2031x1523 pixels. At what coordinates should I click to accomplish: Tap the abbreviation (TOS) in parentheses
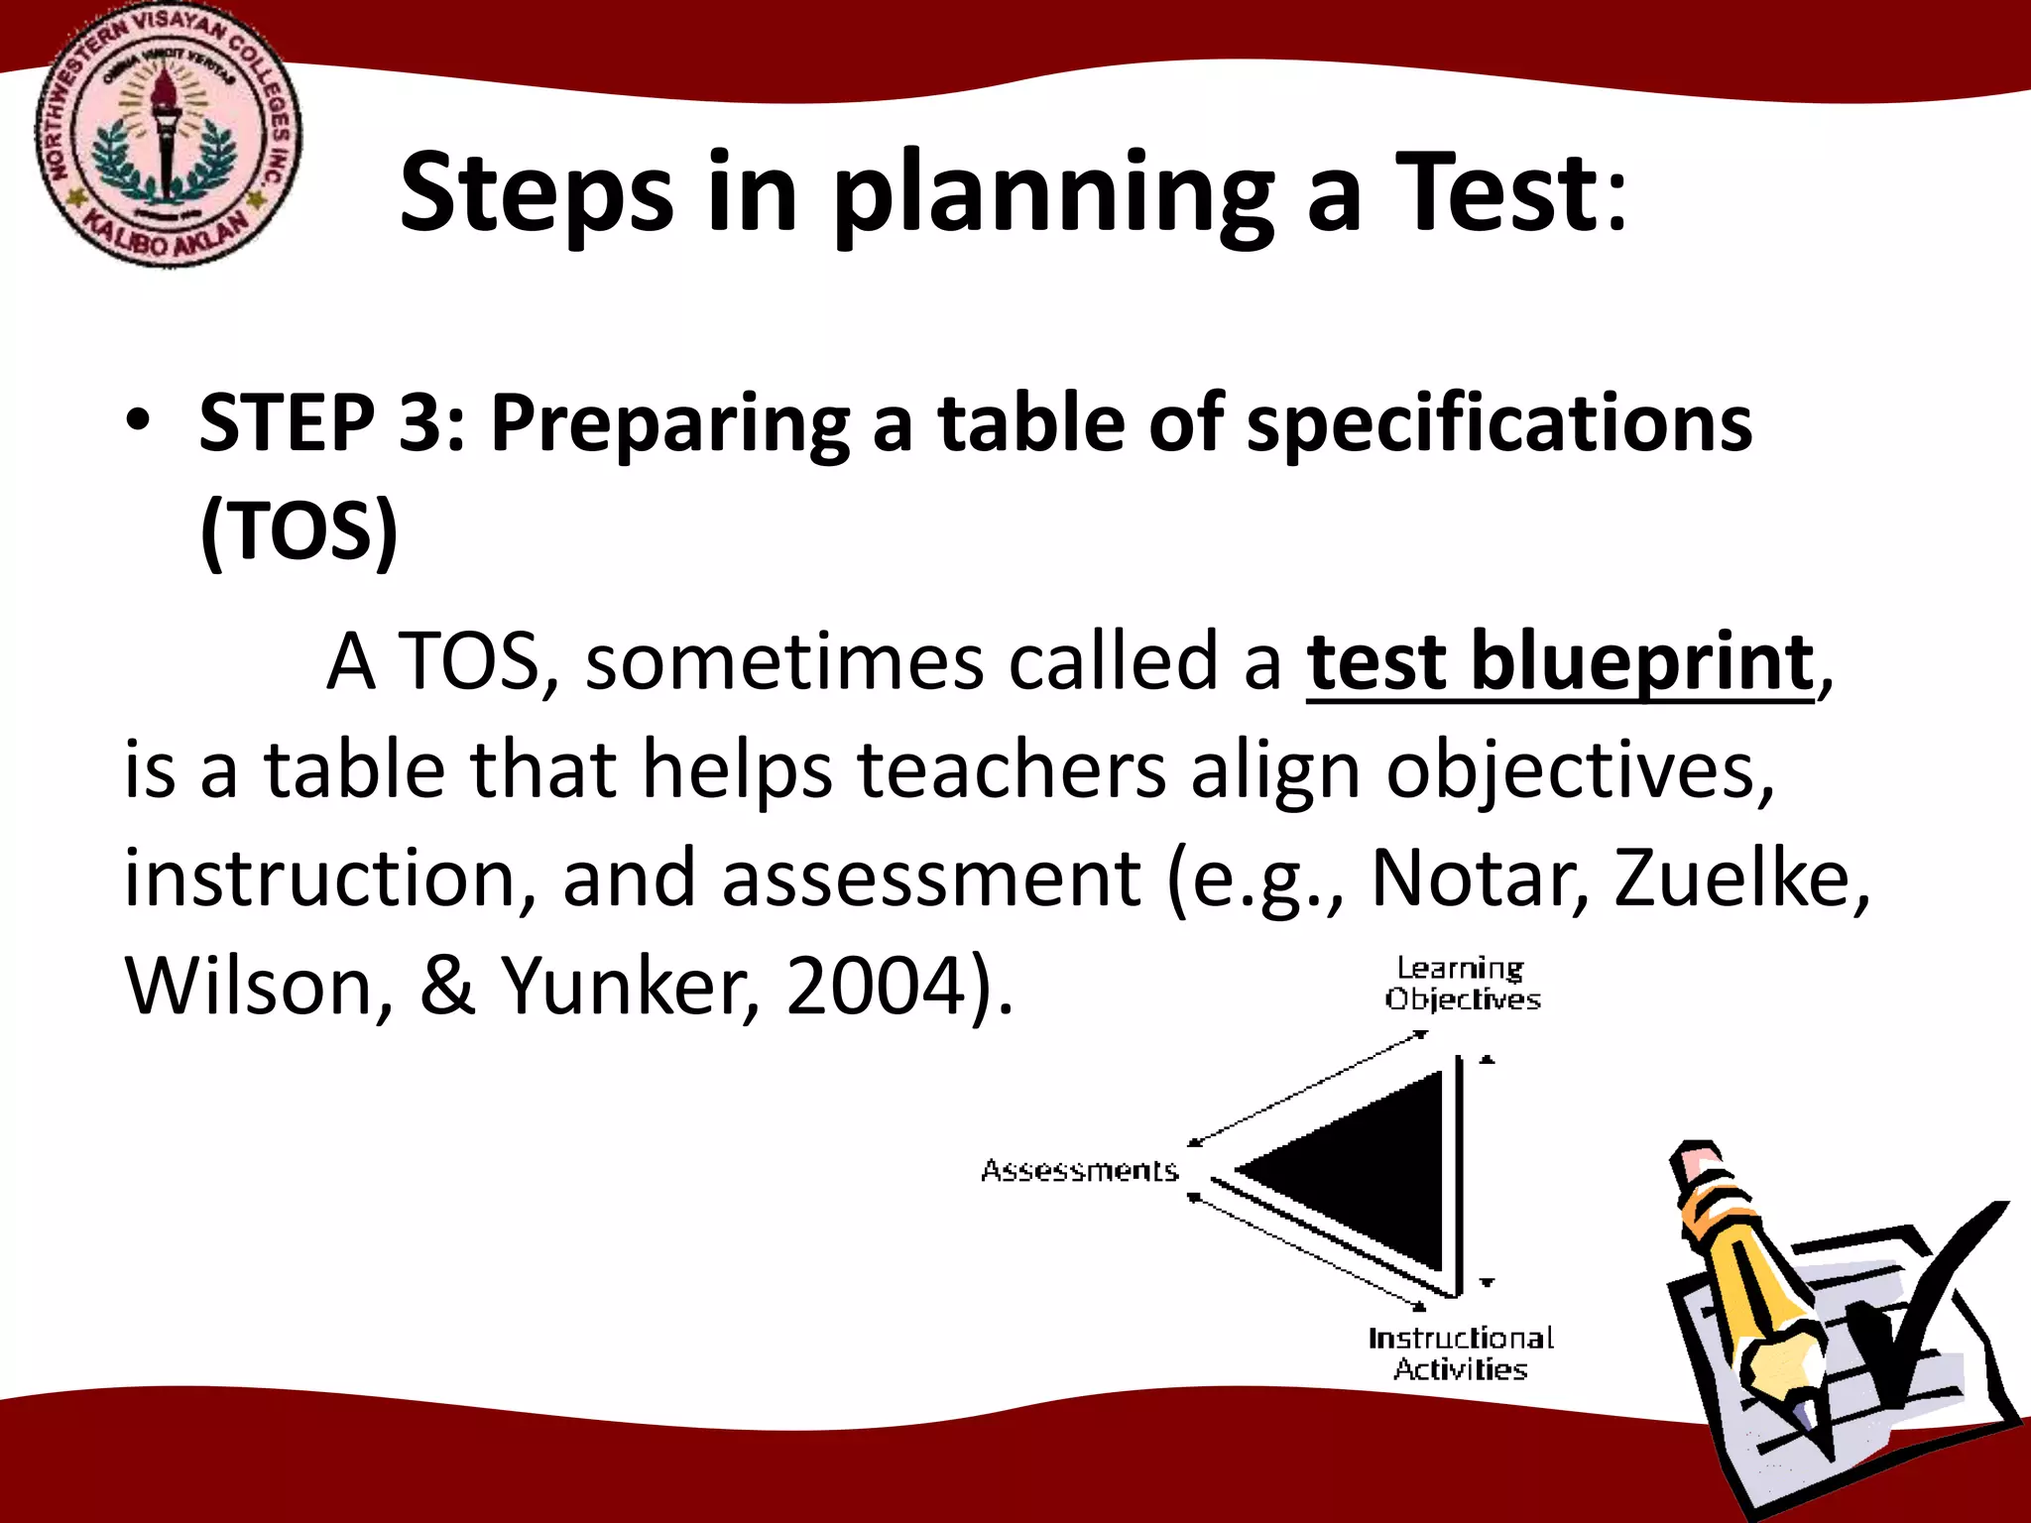tap(299, 531)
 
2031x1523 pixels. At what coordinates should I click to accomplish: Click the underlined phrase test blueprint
tap(1560, 662)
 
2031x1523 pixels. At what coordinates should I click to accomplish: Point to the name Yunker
tap(630, 987)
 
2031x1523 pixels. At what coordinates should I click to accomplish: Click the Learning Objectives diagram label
tap(1463, 984)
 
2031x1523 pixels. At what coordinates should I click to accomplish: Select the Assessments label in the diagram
tap(1079, 1171)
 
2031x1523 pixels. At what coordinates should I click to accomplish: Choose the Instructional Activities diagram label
tap(1461, 1353)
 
